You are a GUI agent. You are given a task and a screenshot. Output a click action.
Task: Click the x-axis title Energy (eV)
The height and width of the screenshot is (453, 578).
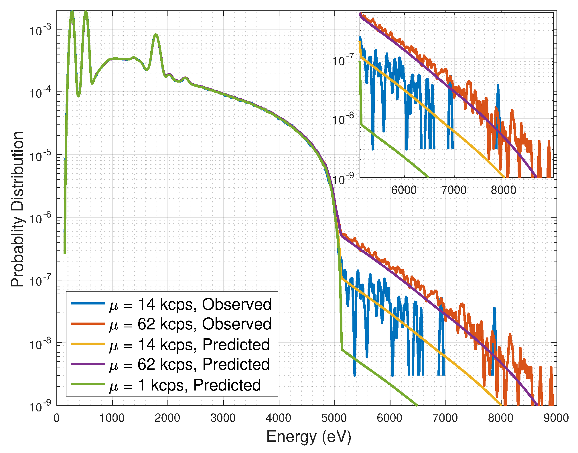pos(309,437)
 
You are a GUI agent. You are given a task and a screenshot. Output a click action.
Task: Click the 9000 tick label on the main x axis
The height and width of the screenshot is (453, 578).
pos(556,418)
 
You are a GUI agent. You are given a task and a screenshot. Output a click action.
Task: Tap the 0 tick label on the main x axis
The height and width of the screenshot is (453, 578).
pos(57,418)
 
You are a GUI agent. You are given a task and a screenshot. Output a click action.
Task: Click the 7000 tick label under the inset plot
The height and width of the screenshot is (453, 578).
pos(454,190)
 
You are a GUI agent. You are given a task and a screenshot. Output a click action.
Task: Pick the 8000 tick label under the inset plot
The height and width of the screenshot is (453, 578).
pos(503,190)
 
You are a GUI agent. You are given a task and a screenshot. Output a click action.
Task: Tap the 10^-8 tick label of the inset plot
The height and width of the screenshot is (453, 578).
pos(343,118)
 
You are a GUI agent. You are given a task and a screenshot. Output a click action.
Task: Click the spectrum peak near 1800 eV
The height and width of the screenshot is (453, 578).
pos(155,35)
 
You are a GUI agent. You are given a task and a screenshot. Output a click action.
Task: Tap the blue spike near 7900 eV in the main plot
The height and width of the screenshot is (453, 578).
pos(494,308)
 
